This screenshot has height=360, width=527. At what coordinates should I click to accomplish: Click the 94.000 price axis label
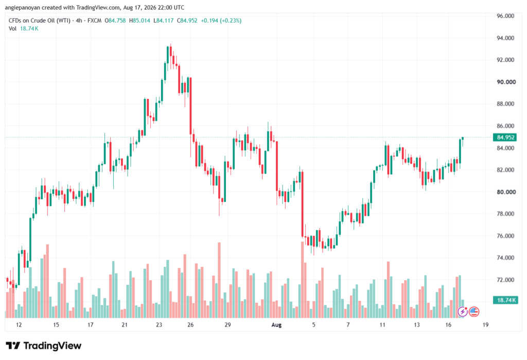505,38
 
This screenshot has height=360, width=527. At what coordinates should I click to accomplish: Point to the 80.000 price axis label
506,192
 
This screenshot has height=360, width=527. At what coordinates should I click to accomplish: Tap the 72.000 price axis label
505,280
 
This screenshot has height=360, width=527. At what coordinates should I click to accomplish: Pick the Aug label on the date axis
276,325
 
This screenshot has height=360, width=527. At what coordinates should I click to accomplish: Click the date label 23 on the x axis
159,325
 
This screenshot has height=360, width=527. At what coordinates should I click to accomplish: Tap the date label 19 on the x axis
485,325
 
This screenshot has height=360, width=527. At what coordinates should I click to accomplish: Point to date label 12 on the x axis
19,325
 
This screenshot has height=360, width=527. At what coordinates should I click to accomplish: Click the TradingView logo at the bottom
44,346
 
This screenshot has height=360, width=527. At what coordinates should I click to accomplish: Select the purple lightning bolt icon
463,312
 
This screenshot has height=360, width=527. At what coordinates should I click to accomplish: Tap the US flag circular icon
474,312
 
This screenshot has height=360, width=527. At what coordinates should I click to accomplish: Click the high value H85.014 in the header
139,21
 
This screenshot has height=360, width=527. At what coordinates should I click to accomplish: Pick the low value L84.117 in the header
163,21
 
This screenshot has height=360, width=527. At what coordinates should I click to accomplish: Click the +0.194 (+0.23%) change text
221,21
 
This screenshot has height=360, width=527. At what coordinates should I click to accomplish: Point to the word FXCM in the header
95,21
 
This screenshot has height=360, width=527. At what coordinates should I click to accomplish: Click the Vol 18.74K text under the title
24,29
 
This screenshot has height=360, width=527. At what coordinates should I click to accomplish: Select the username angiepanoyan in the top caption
23,7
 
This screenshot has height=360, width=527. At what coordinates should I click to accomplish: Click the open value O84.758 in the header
115,21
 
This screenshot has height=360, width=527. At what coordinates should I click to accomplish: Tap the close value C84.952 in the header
187,21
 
